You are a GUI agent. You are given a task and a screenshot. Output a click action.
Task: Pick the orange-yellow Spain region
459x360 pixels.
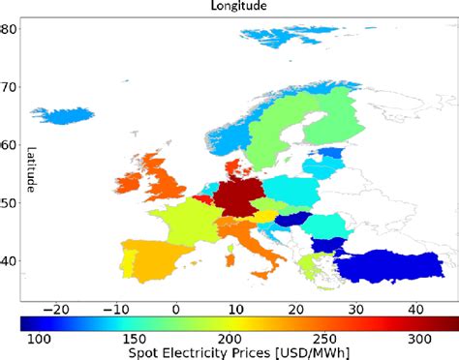156,259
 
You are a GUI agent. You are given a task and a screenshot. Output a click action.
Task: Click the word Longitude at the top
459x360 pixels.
240,6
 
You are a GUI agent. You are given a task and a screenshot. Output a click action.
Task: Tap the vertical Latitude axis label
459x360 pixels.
32,168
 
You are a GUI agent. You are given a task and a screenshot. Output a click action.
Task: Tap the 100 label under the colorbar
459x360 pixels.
38,340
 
